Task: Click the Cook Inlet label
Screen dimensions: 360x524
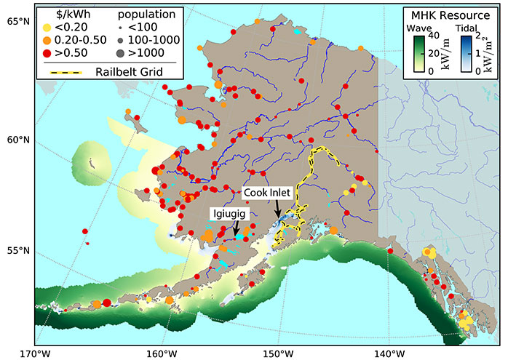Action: click(267, 193)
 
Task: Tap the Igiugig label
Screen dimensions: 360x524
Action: click(229, 213)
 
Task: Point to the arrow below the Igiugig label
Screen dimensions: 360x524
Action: click(235, 228)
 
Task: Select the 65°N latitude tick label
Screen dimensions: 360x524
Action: click(17, 21)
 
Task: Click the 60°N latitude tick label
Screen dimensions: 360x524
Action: click(17, 140)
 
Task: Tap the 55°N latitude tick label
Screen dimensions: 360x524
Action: click(17, 251)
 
